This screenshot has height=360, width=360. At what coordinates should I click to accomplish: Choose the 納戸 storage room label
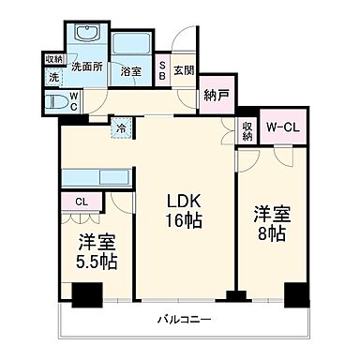coord(215,95)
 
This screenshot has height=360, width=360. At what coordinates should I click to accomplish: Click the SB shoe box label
coord(162,69)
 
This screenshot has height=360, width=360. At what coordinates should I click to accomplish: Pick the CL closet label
coord(82,200)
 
